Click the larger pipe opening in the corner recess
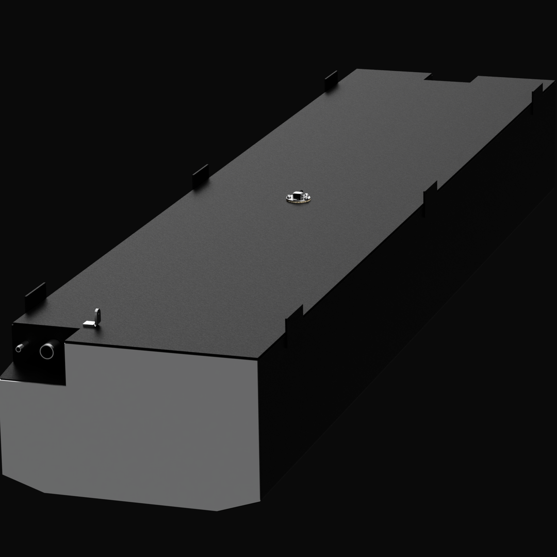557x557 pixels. pyautogui.click(x=47, y=351)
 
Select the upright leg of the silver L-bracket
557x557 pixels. pyautogui.click(x=97, y=315)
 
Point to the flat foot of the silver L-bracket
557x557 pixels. pyautogui.click(x=89, y=324)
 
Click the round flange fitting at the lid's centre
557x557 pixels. pyautogui.click(x=298, y=198)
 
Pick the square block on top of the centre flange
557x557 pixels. pyautogui.click(x=298, y=195)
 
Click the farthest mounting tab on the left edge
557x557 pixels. pyautogui.click(x=331, y=80)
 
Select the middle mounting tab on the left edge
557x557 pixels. pyautogui.click(x=200, y=176)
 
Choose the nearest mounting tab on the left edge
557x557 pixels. pyautogui.click(x=35, y=297)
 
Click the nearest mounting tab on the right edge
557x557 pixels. pyautogui.click(x=294, y=324)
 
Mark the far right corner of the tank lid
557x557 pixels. pyautogui.click(x=552, y=81)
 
